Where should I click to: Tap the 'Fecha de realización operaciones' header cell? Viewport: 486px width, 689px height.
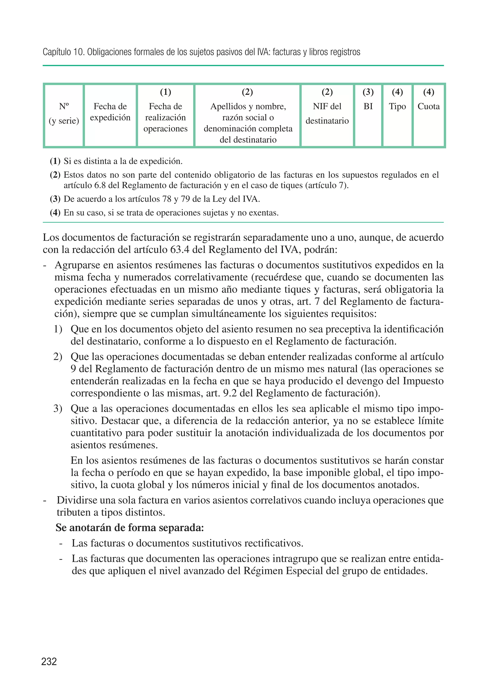point(165,117)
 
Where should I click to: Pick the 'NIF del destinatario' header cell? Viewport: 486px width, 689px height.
point(327,113)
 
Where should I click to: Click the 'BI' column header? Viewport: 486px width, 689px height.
point(368,106)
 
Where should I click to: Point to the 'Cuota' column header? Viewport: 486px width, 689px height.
point(428,106)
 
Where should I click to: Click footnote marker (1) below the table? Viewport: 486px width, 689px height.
point(55,161)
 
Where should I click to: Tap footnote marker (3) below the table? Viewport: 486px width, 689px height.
point(55,199)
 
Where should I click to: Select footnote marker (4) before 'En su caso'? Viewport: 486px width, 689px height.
point(55,213)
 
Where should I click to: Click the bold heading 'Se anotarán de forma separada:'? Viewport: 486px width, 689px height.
point(130,527)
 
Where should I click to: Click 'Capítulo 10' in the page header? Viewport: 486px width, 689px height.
point(63,52)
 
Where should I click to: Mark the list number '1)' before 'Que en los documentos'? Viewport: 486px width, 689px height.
point(58,329)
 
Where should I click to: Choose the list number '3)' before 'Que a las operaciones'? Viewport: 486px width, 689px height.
point(58,409)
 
